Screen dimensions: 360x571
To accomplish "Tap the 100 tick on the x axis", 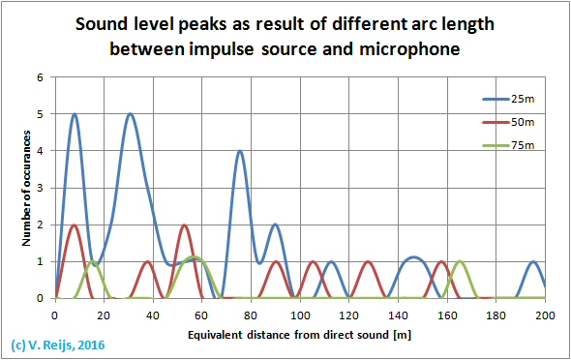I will pyautogui.click(x=300, y=315).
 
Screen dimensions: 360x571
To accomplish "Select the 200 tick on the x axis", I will pyautogui.click(x=545, y=315).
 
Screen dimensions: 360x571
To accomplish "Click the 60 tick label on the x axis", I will pyautogui.click(x=201, y=315).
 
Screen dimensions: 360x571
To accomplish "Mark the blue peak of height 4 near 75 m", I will pyautogui.click(x=240, y=152).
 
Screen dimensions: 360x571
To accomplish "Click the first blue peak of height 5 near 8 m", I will pyautogui.click(x=75, y=114).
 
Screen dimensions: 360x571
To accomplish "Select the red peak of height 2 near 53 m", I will pyautogui.click(x=184, y=225).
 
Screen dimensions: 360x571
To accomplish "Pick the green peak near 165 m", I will pyautogui.click(x=460, y=261).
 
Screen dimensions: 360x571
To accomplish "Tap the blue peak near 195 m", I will pyautogui.click(x=533, y=261).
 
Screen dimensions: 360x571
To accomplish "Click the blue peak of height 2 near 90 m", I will pyautogui.click(x=276, y=225).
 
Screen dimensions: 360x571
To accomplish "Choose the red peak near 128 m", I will pyautogui.click(x=368, y=261).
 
